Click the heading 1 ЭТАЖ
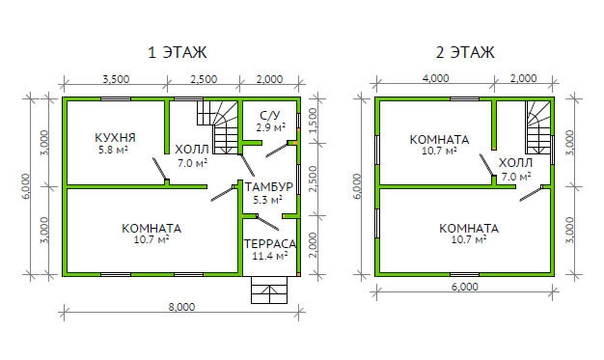click(x=178, y=52)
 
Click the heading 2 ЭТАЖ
click(x=465, y=52)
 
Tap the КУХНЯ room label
click(x=115, y=138)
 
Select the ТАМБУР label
click(x=269, y=187)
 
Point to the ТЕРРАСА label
click(x=269, y=244)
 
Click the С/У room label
click(x=270, y=115)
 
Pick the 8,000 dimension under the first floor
click(x=181, y=307)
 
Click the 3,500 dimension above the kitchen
click(x=116, y=79)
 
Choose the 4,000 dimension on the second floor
click(x=436, y=78)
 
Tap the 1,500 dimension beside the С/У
click(x=314, y=121)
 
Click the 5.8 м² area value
click(x=113, y=150)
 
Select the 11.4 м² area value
click(x=269, y=256)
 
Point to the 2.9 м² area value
click(x=271, y=126)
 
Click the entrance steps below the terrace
click(x=269, y=291)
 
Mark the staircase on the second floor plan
click(x=538, y=127)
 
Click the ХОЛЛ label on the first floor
click(x=192, y=150)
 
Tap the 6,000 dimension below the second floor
click(x=465, y=287)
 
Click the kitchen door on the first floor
click(x=160, y=170)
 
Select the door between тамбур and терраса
click(x=267, y=222)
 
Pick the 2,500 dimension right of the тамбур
click(x=314, y=180)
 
